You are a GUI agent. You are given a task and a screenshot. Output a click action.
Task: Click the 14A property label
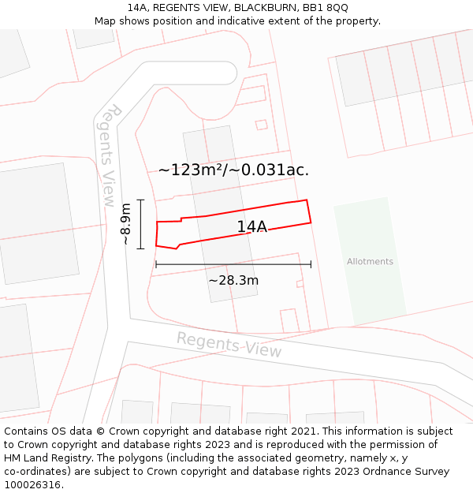252,227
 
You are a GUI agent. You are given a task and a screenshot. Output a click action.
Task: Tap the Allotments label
370,262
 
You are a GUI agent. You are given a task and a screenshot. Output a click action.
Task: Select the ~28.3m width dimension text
233,280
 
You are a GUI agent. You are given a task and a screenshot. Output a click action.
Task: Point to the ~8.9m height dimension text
126,225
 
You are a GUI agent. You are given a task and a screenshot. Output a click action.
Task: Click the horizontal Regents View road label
229,345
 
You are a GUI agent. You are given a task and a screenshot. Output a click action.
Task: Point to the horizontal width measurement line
233,264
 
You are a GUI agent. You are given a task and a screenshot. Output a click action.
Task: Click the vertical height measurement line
141,224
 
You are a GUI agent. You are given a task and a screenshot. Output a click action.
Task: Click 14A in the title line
138,8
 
